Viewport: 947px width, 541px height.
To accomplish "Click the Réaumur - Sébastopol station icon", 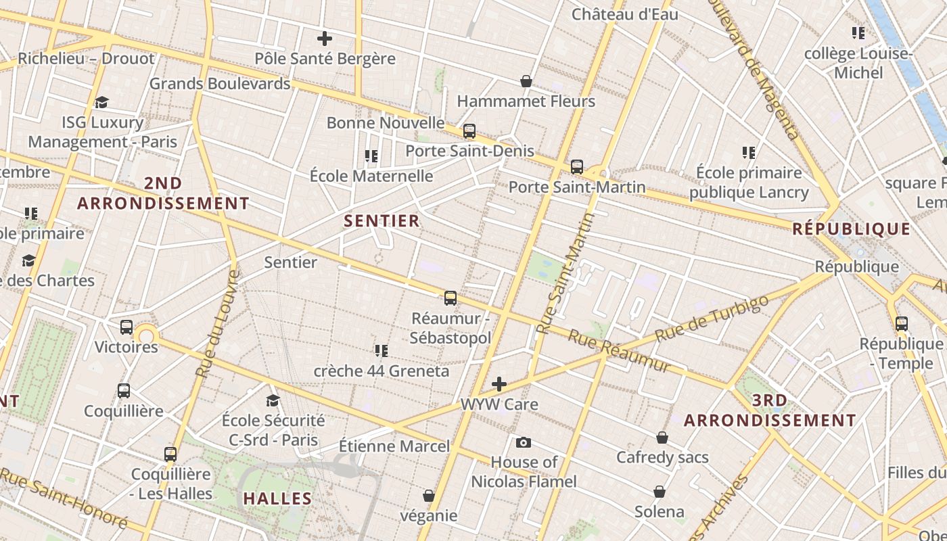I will click(x=451, y=298).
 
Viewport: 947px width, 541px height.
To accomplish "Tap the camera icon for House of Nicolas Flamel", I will click(x=523, y=443).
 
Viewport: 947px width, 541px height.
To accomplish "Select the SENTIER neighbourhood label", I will click(x=382, y=221).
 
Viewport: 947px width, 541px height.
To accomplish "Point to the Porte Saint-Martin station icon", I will click(x=577, y=166).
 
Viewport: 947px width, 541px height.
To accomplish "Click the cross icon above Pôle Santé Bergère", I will click(x=325, y=39).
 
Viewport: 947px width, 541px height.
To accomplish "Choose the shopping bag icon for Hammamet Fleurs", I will click(x=526, y=81).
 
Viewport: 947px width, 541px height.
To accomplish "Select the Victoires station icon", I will click(x=126, y=327).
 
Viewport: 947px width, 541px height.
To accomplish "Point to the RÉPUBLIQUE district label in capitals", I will click(x=852, y=229).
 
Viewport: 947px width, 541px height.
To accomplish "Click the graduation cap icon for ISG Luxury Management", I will click(x=101, y=102).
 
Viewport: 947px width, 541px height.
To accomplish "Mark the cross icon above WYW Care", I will click(x=499, y=384).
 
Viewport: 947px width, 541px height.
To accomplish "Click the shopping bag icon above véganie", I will click(x=428, y=496).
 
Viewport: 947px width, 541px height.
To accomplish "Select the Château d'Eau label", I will click(x=625, y=14).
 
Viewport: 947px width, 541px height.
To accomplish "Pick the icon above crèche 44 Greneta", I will click(x=382, y=350).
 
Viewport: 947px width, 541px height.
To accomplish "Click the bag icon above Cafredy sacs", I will click(x=662, y=438).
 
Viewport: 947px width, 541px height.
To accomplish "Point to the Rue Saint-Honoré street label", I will click(x=64, y=497).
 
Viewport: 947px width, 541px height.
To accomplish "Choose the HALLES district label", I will click(x=277, y=498).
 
